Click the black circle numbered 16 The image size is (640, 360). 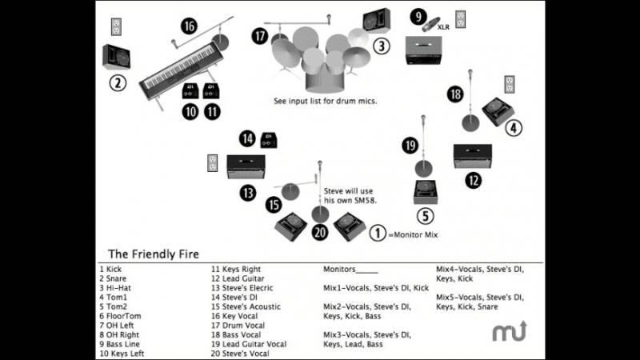189,26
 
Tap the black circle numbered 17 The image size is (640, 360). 259,36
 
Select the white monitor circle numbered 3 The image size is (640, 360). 382,46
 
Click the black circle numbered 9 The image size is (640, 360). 417,15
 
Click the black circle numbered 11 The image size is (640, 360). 211,112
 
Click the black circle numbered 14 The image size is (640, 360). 248,139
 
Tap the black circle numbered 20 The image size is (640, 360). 321,232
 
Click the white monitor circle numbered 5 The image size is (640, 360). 426,216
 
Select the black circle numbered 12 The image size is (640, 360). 474,180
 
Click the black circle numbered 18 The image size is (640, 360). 455,94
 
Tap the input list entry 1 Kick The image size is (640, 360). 114,270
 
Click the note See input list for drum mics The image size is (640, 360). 325,102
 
